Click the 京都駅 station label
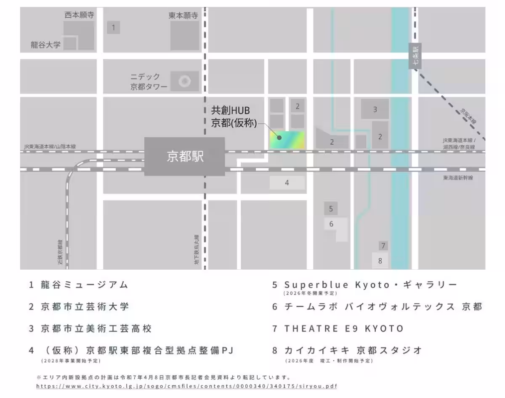[185, 157]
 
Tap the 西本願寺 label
[79, 15]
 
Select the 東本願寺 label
[183, 16]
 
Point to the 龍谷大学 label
[46, 45]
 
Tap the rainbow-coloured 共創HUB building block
[287, 140]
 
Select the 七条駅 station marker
[415, 56]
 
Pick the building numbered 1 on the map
[113, 28]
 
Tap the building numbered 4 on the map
[287, 183]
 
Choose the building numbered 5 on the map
[331, 208]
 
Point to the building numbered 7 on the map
[383, 246]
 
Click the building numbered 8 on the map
[380, 260]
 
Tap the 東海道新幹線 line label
[458, 178]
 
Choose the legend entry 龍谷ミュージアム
[84, 285]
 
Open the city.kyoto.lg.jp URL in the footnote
[186, 386]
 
